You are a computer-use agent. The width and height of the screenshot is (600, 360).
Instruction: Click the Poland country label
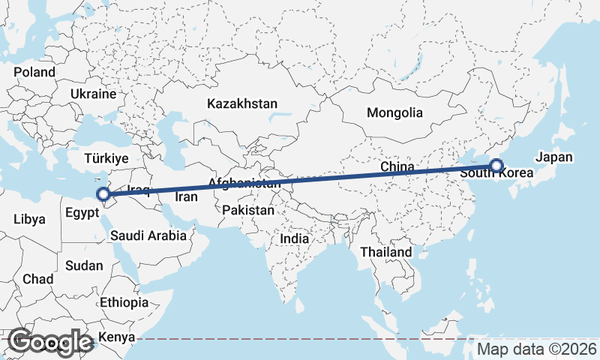click(34, 73)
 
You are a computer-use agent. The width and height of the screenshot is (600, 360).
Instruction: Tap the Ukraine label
click(94, 94)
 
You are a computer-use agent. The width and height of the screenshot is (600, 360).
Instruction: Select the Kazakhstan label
click(243, 103)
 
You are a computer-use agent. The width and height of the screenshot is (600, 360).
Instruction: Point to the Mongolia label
click(394, 113)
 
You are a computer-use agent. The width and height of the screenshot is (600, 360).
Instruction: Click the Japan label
click(554, 157)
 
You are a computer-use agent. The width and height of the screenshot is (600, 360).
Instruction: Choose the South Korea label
click(496, 173)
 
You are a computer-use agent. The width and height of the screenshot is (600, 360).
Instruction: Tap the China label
click(397, 166)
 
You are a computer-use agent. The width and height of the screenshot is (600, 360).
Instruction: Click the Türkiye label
click(106, 159)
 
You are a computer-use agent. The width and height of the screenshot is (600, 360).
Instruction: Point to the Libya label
click(29, 220)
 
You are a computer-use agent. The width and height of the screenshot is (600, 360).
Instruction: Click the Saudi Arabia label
click(148, 235)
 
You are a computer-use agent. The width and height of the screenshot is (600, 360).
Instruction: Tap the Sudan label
click(84, 265)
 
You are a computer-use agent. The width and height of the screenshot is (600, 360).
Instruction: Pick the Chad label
click(37, 279)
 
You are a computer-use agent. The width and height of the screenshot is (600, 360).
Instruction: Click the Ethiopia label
click(124, 303)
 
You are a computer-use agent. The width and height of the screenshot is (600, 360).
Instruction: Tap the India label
click(295, 238)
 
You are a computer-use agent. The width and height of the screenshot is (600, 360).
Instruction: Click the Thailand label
click(385, 252)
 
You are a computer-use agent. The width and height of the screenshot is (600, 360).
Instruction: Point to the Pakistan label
click(248, 211)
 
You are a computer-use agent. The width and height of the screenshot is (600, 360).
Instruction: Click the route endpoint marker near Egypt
click(105, 196)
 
